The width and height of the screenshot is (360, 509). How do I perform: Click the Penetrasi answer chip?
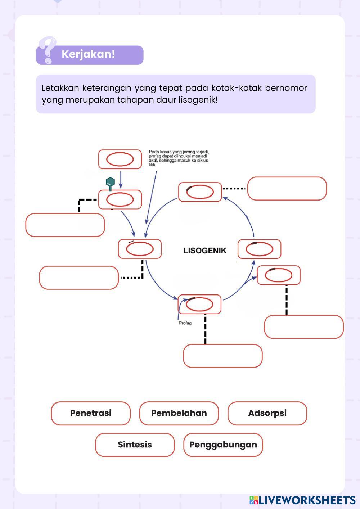click(91, 413)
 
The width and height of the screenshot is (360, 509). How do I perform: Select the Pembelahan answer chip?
click(179, 413)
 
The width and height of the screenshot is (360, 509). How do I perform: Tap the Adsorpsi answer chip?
click(267, 413)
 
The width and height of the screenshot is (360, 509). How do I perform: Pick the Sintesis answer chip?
click(135, 445)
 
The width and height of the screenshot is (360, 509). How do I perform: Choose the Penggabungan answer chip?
click(223, 445)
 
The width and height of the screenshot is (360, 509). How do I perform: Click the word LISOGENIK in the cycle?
click(205, 251)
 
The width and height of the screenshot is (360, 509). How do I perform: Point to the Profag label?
click(185, 323)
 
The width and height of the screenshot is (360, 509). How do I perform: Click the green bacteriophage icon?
click(110, 183)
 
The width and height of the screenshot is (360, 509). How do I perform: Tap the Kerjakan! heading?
click(88, 54)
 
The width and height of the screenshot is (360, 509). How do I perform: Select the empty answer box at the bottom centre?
click(222, 356)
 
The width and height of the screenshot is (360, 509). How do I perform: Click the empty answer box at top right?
click(287, 189)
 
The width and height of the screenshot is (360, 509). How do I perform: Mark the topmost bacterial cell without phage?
click(120, 159)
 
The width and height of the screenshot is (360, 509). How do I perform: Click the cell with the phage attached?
click(120, 199)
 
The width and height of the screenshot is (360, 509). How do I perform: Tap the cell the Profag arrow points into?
click(199, 304)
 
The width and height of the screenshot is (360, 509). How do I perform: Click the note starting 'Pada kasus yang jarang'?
click(179, 158)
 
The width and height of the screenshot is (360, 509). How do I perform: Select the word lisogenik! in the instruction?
click(198, 100)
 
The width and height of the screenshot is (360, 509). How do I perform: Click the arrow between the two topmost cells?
click(121, 179)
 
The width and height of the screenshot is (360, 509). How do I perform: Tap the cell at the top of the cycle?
click(200, 192)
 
